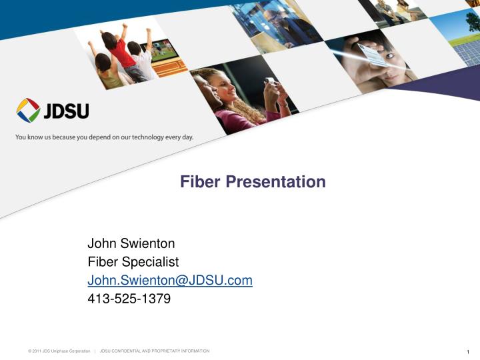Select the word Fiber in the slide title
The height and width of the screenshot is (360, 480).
(x=200, y=181)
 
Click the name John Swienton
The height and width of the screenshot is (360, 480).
(x=131, y=244)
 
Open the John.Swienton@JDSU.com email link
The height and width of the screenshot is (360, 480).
(x=170, y=281)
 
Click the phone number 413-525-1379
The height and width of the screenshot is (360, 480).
(x=129, y=299)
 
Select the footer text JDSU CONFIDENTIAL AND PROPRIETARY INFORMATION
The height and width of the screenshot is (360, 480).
(x=154, y=351)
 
